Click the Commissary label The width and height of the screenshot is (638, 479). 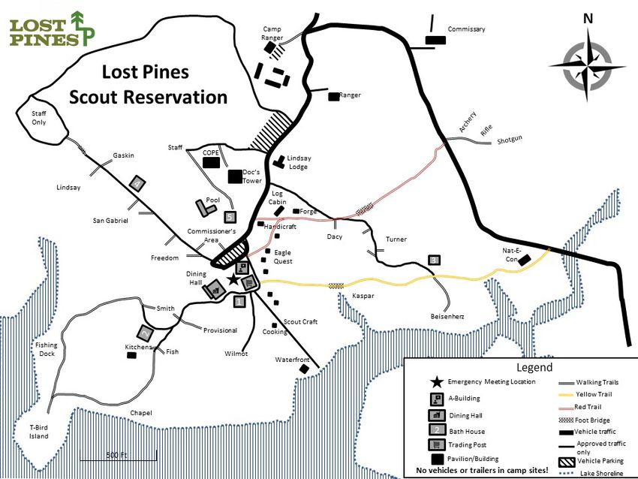[466, 29]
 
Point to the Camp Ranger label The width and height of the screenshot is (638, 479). [272, 33]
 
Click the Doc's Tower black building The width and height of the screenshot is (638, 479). [235, 176]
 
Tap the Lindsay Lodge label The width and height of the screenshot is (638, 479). [299, 162]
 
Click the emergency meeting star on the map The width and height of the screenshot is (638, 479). [233, 280]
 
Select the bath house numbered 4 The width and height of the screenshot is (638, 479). [137, 182]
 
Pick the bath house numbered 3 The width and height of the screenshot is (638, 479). [434, 260]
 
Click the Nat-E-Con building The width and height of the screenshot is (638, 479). [525, 259]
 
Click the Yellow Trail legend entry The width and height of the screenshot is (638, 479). [593, 394]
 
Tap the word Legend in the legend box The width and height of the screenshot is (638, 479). [534, 368]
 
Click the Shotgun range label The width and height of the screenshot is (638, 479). [509, 139]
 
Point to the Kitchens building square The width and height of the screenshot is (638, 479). [131, 356]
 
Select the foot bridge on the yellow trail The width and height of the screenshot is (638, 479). [337, 285]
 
